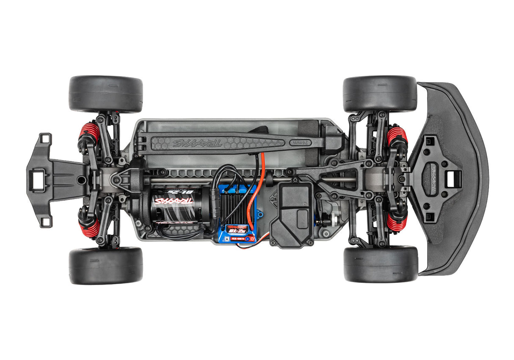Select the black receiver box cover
click(292, 214)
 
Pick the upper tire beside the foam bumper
click(380, 94)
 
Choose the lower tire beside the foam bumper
click(381, 264)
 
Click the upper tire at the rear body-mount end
click(105, 94)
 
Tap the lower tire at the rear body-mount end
click(105, 266)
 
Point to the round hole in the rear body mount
click(79, 180)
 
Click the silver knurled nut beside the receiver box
click(333, 222)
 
